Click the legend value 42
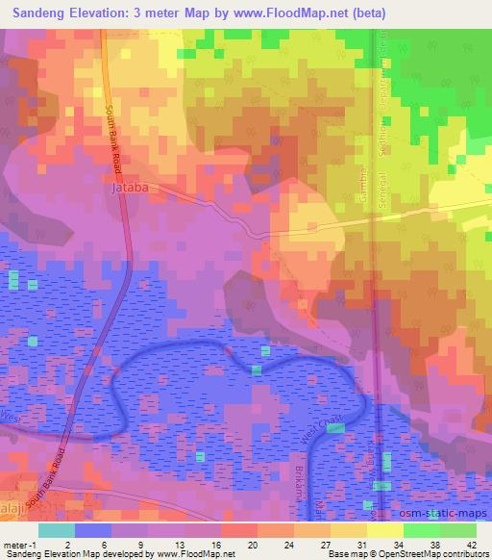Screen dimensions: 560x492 click(471, 543)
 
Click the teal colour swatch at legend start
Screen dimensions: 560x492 click(57, 530)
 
